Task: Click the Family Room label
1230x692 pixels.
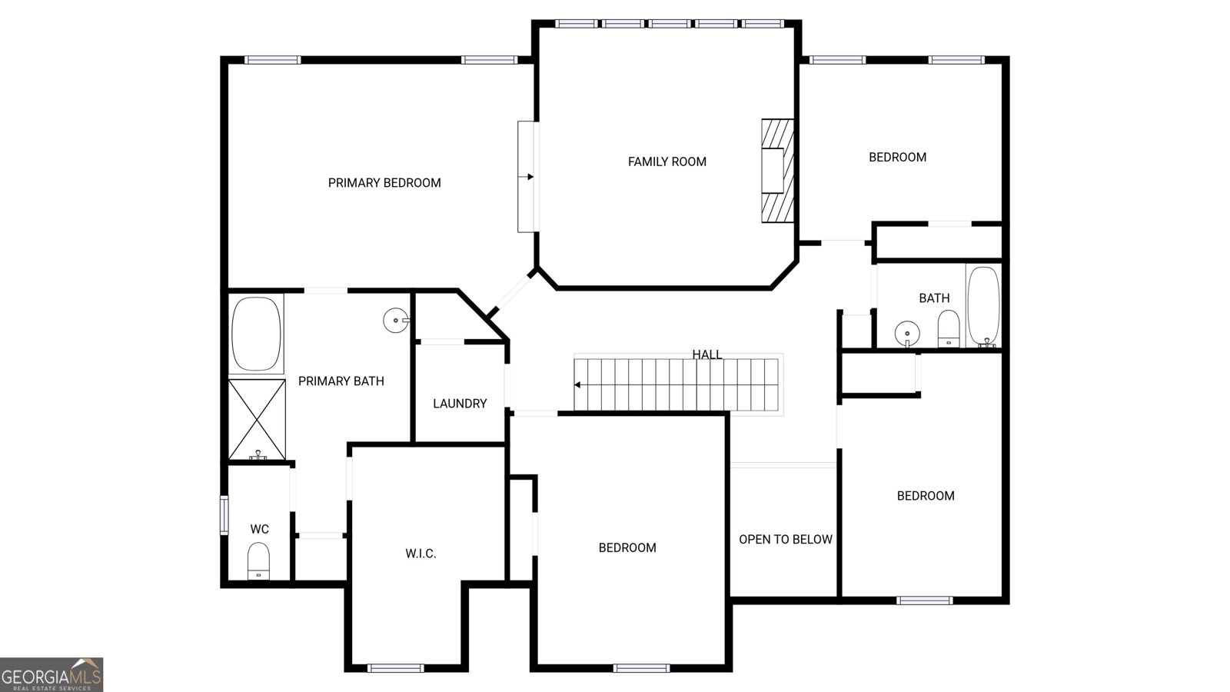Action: tap(667, 161)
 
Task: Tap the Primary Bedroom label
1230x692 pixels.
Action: tap(384, 183)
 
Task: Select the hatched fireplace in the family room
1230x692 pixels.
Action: tap(777, 171)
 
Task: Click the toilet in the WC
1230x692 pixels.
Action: tap(258, 561)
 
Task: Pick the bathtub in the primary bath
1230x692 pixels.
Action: tap(257, 334)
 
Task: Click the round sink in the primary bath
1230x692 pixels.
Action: tap(396, 320)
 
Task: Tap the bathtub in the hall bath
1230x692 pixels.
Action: tap(983, 307)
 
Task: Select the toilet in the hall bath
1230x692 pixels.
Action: tap(949, 328)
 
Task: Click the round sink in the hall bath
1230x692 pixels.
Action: tap(907, 334)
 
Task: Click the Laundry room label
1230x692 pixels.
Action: tap(460, 404)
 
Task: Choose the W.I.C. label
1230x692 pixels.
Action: tap(421, 554)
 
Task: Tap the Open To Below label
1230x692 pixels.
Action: tap(785, 539)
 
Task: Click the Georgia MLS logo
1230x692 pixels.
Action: tap(52, 675)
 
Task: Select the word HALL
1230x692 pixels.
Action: tap(706, 354)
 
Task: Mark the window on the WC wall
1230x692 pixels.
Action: tap(224, 514)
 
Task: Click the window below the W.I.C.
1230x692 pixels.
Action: tap(395, 668)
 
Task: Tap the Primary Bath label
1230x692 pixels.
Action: tap(341, 381)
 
